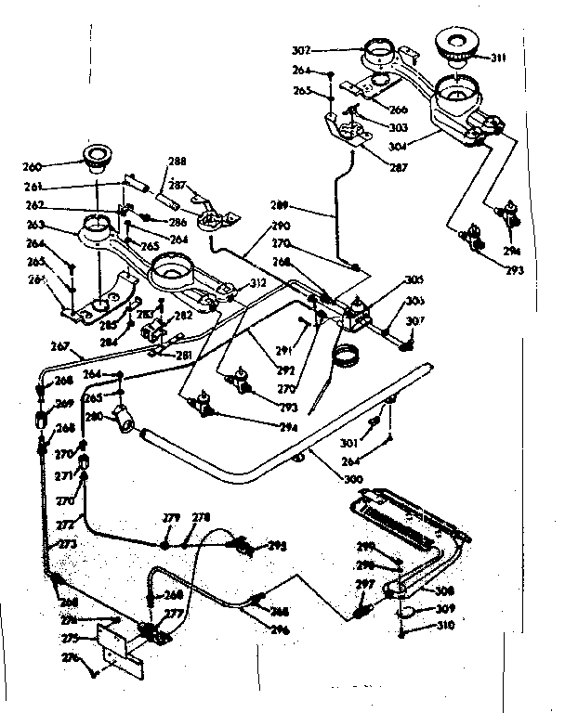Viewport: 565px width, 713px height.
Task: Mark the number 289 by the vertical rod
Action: (277, 205)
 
